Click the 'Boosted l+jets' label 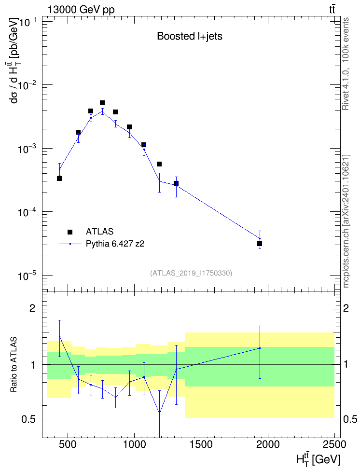tap(190, 36)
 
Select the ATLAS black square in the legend tap(70, 232)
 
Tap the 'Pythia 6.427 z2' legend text tap(115, 244)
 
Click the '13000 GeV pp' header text tap(81, 10)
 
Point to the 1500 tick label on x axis tap(200, 444)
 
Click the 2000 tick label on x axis tap(267, 444)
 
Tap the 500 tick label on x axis tap(68, 444)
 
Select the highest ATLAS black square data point tap(102, 103)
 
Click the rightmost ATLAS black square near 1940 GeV tap(260, 244)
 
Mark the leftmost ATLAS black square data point tap(59, 179)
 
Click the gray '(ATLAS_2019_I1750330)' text tap(191, 273)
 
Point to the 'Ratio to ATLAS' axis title tap(14, 365)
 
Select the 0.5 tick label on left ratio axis tap(29, 420)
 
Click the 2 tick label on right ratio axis tap(346, 308)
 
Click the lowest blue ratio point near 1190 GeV tap(160, 414)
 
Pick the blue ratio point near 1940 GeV tap(260, 348)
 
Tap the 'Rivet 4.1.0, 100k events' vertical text tap(346, 64)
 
